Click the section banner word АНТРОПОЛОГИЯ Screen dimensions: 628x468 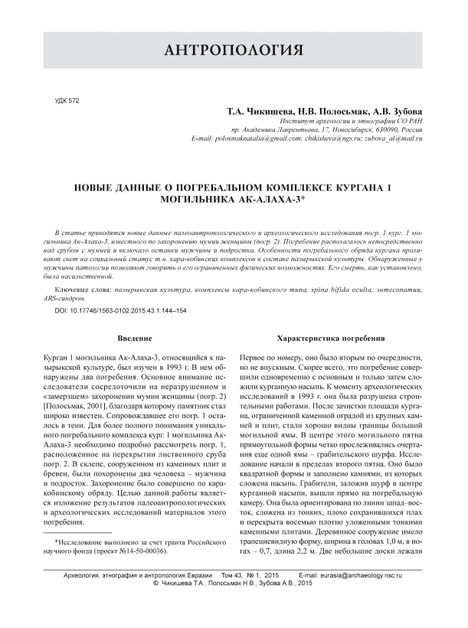click(x=234, y=51)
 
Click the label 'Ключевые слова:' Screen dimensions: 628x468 click(x=80, y=291)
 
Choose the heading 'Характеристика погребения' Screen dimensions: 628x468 click(x=332, y=338)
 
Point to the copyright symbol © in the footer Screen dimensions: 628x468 click(x=157, y=583)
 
